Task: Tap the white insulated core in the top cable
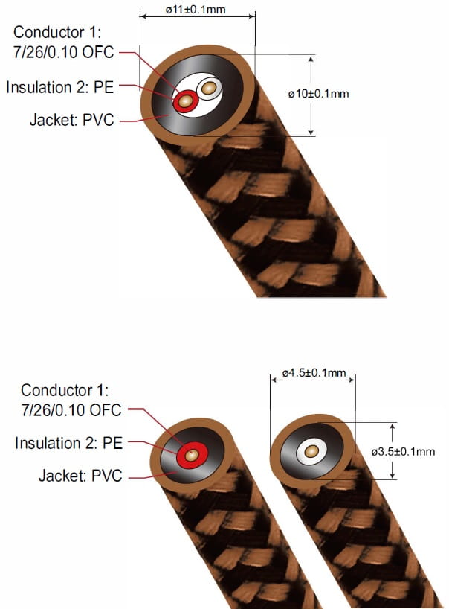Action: pyautogui.click(x=210, y=89)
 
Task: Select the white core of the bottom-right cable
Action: pyautogui.click(x=311, y=450)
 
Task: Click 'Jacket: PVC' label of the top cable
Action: pyautogui.click(x=72, y=119)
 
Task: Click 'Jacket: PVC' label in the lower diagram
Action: pyautogui.click(x=80, y=474)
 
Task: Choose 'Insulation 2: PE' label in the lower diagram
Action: pyautogui.click(x=69, y=444)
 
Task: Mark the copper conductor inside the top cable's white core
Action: pyautogui.click(x=210, y=89)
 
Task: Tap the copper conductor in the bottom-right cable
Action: pyautogui.click(x=311, y=450)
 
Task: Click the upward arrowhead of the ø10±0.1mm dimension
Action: pyautogui.click(x=311, y=58)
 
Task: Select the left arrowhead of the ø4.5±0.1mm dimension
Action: pyautogui.click(x=274, y=380)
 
